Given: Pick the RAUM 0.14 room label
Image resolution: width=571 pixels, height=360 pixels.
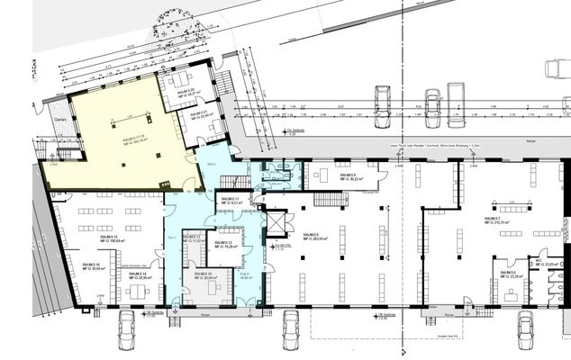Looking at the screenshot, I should click(138, 275).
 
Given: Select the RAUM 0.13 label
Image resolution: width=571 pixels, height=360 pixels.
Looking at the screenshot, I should click(192, 239).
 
